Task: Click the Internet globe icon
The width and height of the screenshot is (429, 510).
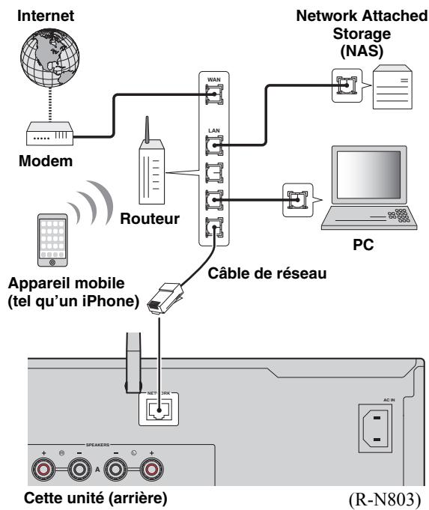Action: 49,58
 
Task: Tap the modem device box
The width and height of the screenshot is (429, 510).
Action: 49,133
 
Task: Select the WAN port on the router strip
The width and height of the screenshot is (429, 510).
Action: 214,94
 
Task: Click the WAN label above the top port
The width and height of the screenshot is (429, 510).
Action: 214,79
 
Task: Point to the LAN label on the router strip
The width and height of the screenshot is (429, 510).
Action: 214,130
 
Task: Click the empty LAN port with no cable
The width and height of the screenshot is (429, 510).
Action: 214,173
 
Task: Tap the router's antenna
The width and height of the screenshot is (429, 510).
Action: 147,130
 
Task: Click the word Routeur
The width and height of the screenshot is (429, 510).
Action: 150,219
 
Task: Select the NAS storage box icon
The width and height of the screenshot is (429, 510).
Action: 392,87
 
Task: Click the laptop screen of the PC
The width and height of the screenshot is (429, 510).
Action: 369,174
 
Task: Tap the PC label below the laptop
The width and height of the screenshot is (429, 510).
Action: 363,245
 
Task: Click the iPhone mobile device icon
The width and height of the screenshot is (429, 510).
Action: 52,240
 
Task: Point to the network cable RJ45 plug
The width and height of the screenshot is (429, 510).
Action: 165,298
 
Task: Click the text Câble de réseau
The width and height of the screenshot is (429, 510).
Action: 267,273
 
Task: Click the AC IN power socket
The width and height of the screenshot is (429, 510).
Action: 375,428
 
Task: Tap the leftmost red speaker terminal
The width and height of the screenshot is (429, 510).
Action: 43,470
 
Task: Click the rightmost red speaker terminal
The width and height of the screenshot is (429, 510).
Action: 151,470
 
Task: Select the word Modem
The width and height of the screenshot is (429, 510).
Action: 46,161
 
